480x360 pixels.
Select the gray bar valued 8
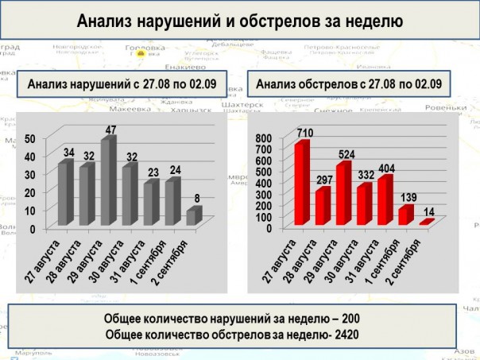pyautogui.click(x=193, y=216)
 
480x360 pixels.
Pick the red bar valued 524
pyautogui.click(x=343, y=193)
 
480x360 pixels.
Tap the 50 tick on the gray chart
pyautogui.click(x=31, y=138)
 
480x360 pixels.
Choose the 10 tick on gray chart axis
pyautogui.click(x=31, y=211)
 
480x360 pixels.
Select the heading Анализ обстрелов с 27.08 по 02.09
pyautogui.click(x=349, y=83)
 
